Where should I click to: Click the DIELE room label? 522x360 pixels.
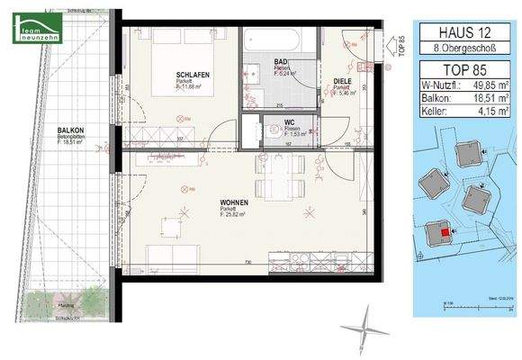point(342,79)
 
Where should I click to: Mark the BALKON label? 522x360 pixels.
point(69,130)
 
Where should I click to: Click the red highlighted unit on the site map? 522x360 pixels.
point(444,234)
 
